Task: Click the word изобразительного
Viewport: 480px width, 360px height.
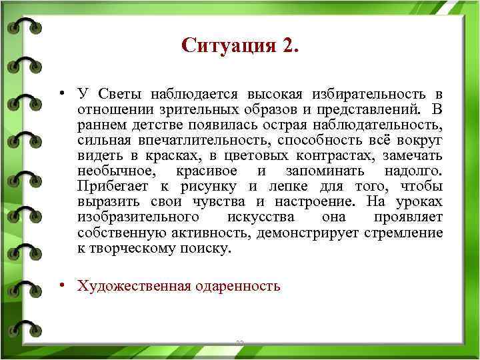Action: point(137,218)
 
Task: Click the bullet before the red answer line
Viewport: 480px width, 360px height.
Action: point(61,285)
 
